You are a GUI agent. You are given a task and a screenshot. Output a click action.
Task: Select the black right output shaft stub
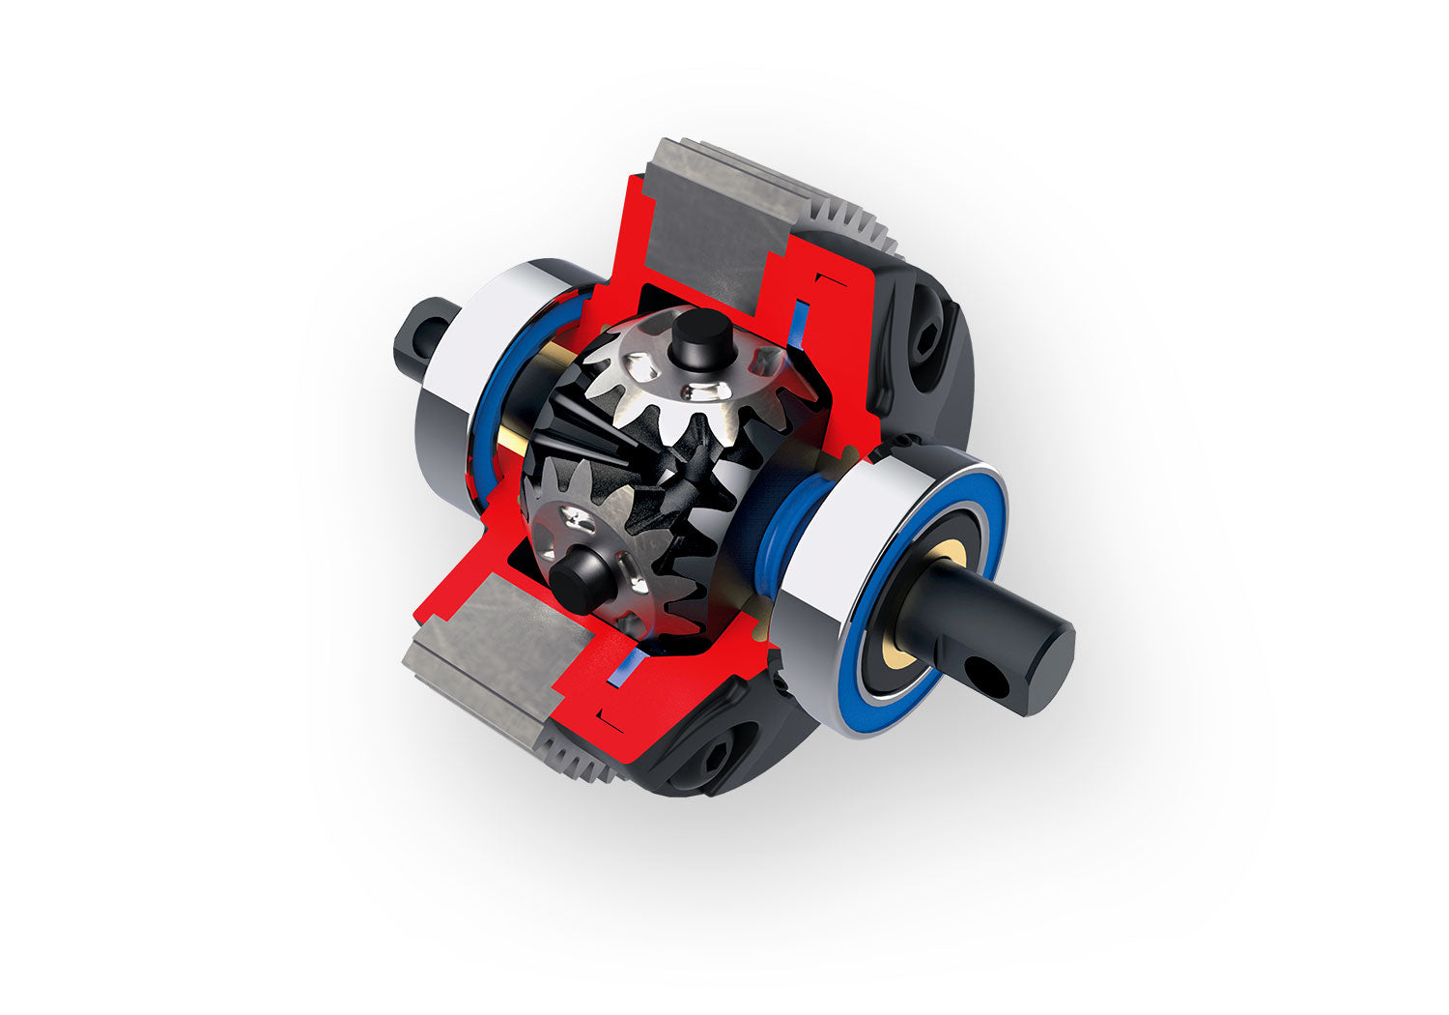click(x=1005, y=633)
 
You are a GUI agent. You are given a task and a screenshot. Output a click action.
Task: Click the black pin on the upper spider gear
click(x=702, y=333)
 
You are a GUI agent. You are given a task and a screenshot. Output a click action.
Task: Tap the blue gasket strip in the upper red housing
click(x=799, y=323)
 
